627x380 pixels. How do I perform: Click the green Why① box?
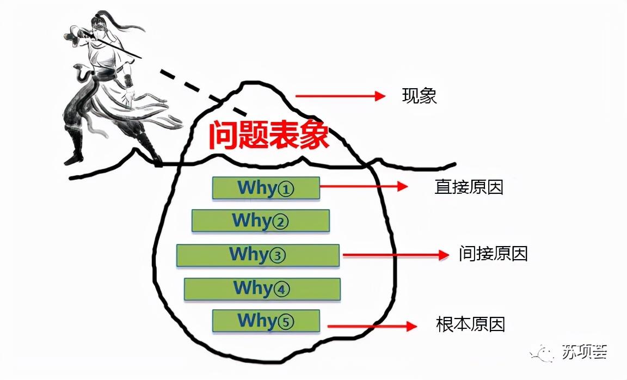point(266,188)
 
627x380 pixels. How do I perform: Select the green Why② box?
point(260,220)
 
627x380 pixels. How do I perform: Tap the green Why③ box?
point(257,255)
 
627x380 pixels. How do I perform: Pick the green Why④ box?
point(262,289)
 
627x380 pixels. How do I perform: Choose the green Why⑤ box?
point(266,321)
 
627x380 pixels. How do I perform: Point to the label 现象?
point(419,96)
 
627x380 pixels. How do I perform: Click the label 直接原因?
point(469,187)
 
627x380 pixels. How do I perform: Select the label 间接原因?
point(493,254)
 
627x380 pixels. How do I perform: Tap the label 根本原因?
point(470,324)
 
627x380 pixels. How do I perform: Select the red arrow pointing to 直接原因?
point(364,186)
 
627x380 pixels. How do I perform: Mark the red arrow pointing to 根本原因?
point(372,326)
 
